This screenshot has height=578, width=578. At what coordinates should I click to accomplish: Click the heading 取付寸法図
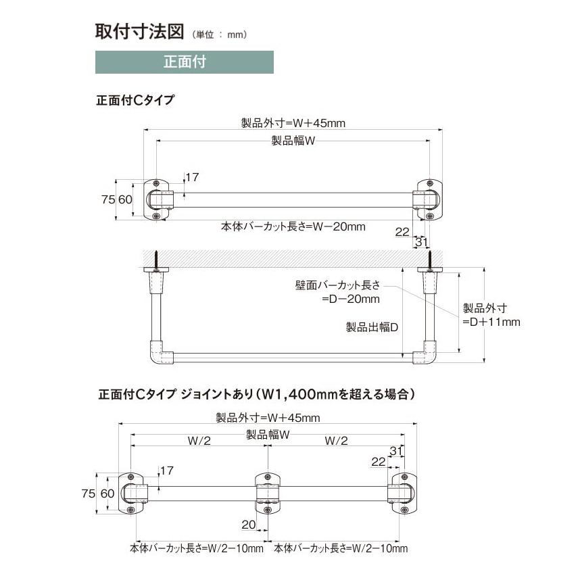(140, 31)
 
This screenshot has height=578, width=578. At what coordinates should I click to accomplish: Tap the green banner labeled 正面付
(185, 62)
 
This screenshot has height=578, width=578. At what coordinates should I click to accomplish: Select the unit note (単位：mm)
(220, 34)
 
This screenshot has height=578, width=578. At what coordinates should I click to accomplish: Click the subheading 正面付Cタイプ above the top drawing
(135, 100)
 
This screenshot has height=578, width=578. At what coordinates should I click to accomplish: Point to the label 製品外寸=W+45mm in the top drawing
(293, 123)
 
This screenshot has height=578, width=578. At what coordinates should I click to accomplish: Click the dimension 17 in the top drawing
(192, 177)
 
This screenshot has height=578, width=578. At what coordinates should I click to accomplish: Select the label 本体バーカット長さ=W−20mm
(293, 226)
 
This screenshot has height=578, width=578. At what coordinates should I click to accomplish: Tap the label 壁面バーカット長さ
(337, 285)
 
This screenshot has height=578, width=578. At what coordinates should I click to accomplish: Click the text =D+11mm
(491, 322)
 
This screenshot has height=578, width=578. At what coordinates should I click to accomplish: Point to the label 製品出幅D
(372, 327)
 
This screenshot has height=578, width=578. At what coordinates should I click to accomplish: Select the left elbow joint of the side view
(160, 353)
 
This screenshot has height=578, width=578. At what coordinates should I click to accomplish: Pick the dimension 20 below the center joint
(249, 524)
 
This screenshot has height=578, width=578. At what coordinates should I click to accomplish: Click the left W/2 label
(199, 441)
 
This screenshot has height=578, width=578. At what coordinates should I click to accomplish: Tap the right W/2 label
(336, 441)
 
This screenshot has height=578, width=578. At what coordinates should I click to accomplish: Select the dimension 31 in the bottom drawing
(396, 450)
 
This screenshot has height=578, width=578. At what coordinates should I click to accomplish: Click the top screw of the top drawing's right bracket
(429, 183)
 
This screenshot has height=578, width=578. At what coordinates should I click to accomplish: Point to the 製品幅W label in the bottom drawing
(268, 435)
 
